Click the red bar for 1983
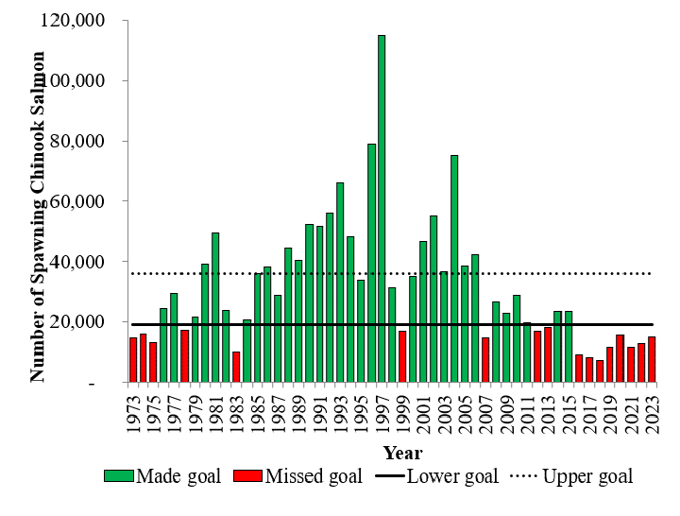(236, 367)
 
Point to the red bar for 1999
(402, 356)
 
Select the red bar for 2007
(485, 359)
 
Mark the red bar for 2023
(652, 359)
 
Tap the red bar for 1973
(133, 359)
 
